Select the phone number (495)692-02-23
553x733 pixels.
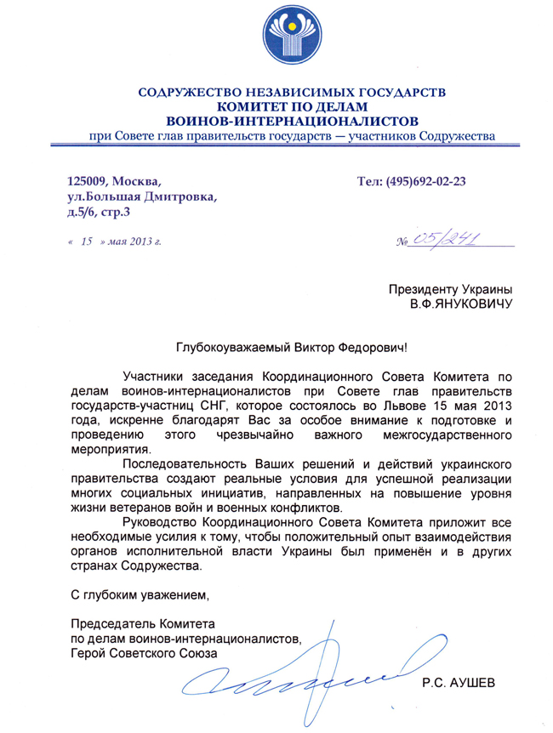[x=425, y=180]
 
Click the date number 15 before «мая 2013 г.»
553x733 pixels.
[x=86, y=241]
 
